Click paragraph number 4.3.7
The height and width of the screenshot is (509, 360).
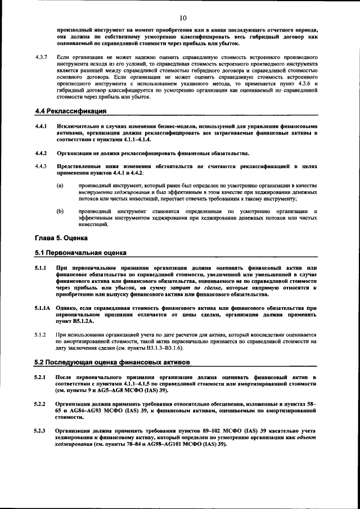click(x=41, y=57)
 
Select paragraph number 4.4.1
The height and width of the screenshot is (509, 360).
click(x=40, y=126)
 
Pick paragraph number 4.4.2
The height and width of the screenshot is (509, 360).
click(x=40, y=153)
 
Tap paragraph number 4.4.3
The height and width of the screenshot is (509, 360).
click(x=40, y=166)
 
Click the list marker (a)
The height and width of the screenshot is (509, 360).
click(x=60, y=185)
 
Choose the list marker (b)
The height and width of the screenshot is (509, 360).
click(x=60, y=211)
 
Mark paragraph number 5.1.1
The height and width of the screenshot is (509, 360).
click(x=40, y=268)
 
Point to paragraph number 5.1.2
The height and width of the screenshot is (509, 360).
click(x=40, y=335)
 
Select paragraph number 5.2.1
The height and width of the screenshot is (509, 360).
click(x=40, y=376)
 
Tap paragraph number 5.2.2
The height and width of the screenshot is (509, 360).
click(x=40, y=404)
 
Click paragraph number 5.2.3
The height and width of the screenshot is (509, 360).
click(x=40, y=431)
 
